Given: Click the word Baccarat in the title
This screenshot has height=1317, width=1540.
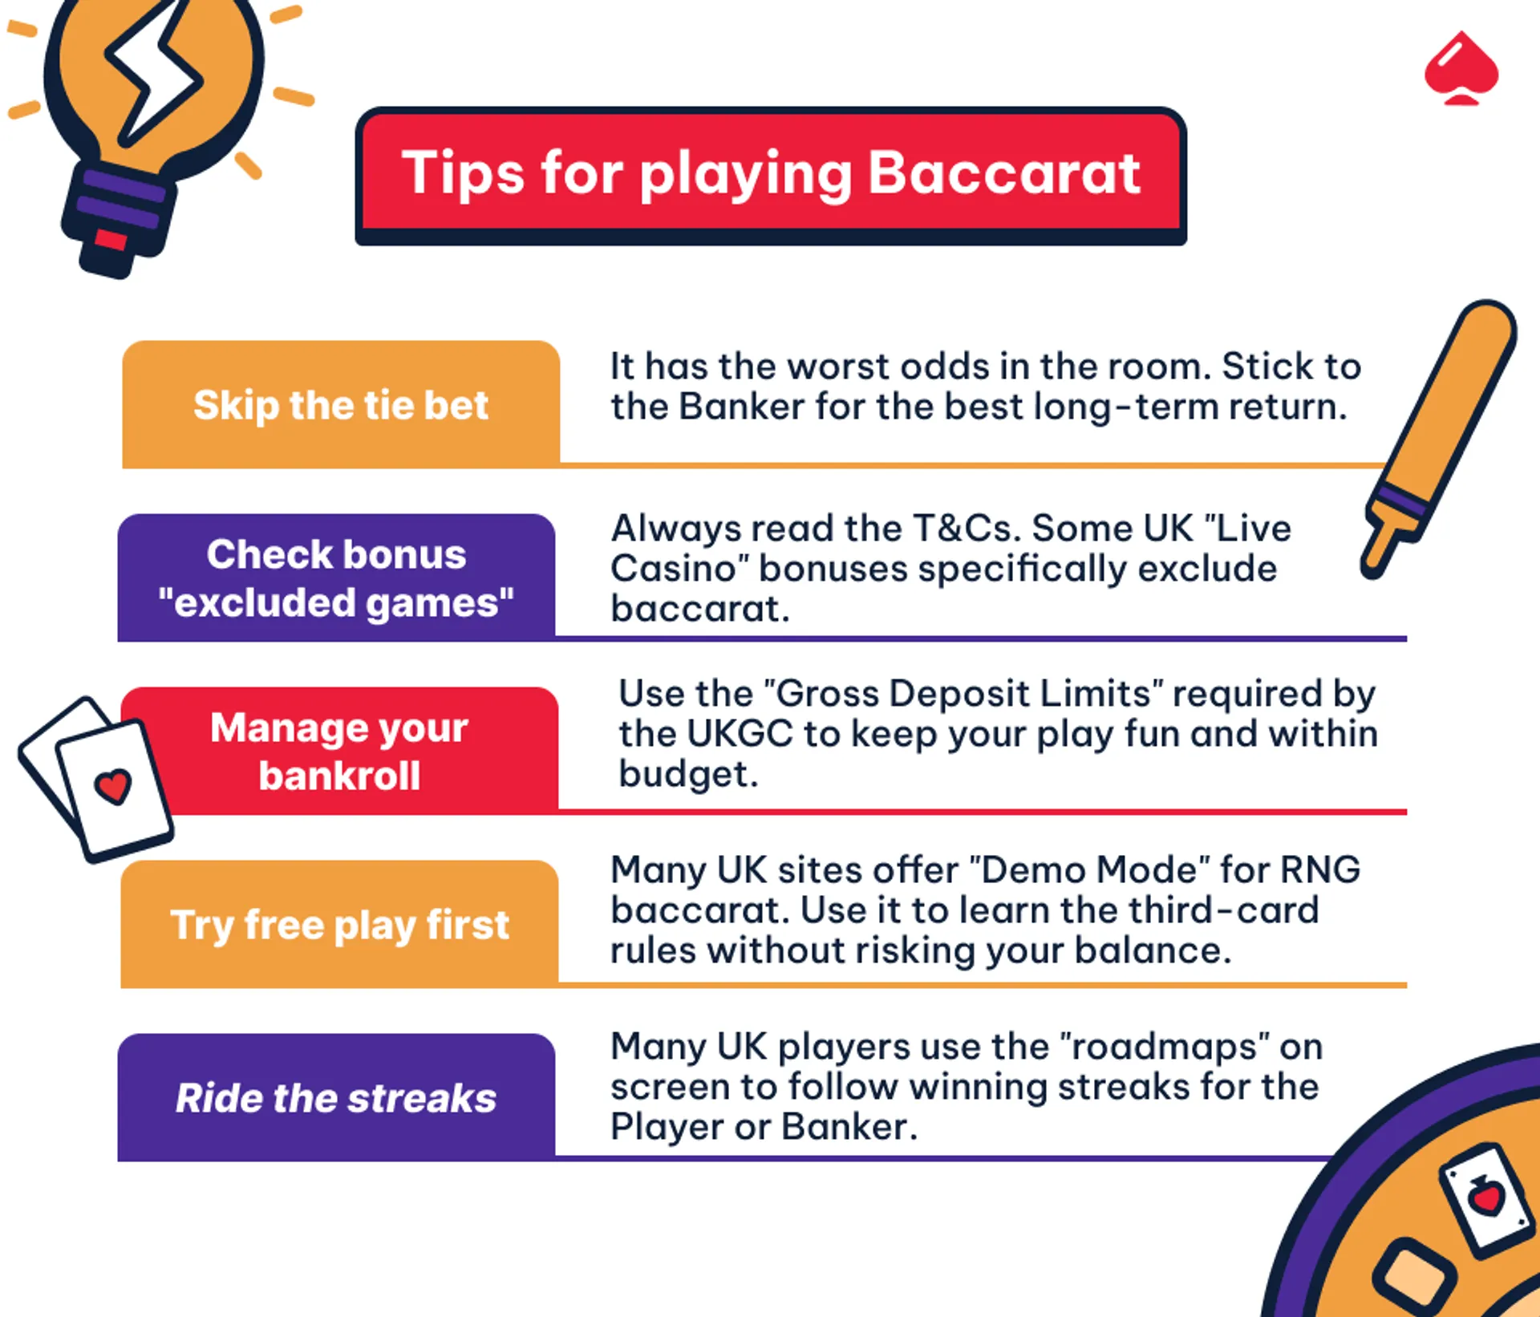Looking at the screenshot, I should pos(1003,172).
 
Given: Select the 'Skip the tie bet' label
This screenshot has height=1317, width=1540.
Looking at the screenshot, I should pos(341,404).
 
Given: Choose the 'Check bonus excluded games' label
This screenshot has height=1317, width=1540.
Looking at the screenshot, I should pos(336,577).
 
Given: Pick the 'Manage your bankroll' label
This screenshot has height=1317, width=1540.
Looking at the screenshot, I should pos(339,751).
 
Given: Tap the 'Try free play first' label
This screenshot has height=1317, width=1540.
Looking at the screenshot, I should pos(339,924).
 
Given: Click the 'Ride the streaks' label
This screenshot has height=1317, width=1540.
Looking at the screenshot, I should pos(336,1097).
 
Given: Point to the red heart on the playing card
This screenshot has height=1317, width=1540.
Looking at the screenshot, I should pos(112,785).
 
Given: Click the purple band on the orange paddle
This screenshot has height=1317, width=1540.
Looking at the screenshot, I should pos(1399,502).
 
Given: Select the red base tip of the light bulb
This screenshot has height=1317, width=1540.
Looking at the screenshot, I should pos(111,239).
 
